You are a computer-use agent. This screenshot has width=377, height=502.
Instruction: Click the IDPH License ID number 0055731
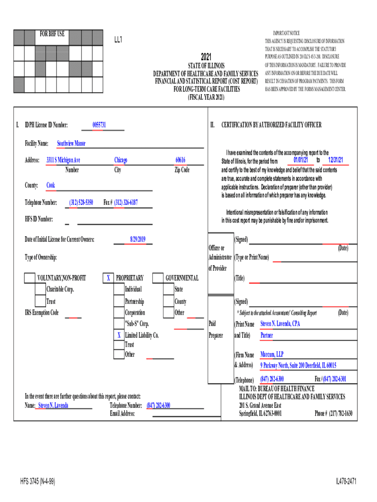(99, 125)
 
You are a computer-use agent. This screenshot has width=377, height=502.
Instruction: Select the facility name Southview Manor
(71, 144)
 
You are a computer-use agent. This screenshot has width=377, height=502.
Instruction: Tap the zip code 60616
(180, 160)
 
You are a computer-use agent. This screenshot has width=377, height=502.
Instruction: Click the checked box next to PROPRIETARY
(108, 278)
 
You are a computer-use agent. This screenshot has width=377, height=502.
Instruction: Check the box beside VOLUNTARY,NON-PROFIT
(29, 278)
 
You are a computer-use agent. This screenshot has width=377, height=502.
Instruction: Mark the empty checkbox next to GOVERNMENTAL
(158, 278)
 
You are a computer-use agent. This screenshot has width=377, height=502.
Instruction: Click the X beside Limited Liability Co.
(118, 335)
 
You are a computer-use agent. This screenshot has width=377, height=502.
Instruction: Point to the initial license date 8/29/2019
(138, 239)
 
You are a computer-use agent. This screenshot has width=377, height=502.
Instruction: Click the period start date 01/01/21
(301, 160)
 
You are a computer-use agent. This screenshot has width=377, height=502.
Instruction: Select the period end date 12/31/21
(335, 160)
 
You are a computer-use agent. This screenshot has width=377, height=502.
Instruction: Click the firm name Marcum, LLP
(272, 354)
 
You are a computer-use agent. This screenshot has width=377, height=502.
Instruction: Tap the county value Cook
(50, 185)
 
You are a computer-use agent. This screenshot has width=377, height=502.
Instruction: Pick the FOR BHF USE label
(52, 34)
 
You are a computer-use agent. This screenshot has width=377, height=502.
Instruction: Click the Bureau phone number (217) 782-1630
(333, 413)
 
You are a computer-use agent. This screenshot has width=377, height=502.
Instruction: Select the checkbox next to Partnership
(118, 301)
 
